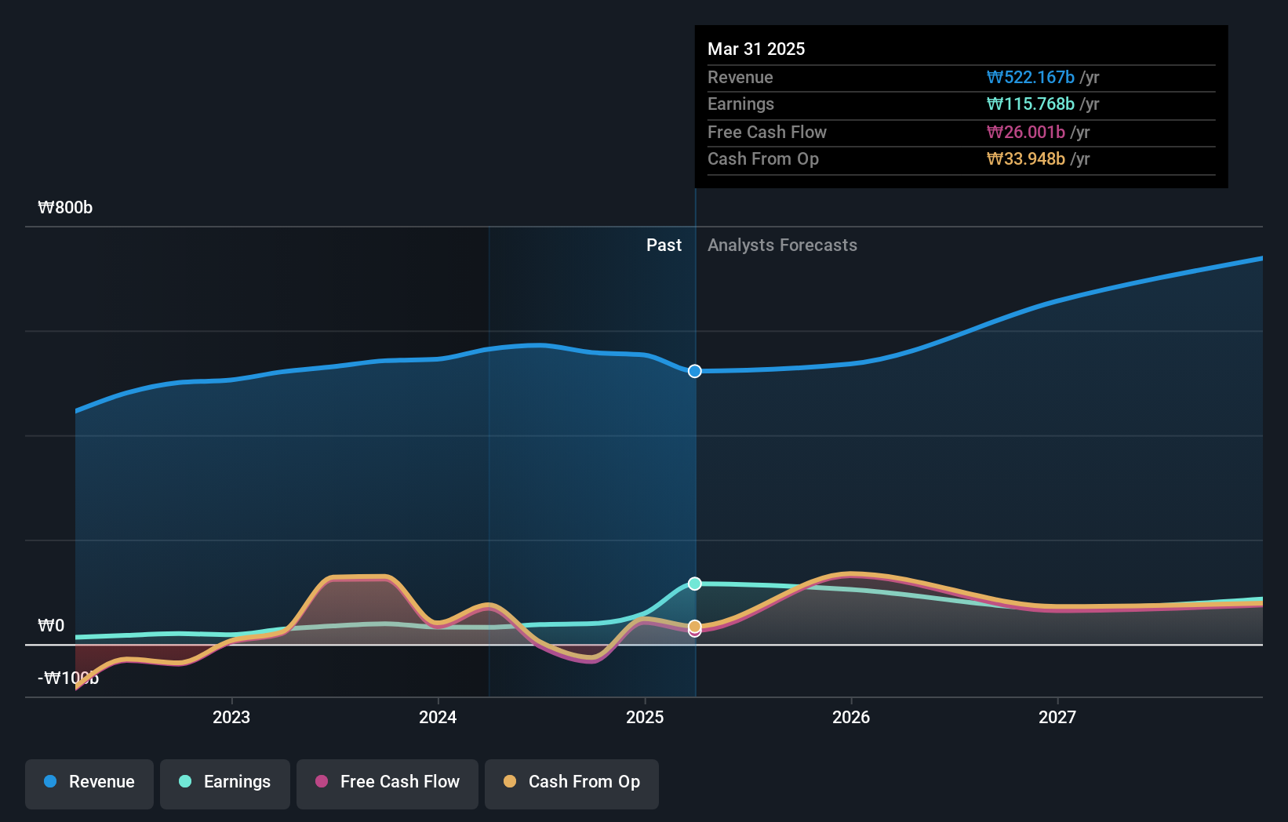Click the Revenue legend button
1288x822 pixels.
[x=89, y=782]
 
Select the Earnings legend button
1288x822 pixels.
[x=225, y=782]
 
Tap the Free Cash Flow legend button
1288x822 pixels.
[x=387, y=782]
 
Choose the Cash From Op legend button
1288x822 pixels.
[x=572, y=782]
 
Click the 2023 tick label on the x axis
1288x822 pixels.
[x=231, y=717]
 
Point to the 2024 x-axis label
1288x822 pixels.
[x=438, y=717]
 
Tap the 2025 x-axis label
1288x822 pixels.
[x=645, y=717]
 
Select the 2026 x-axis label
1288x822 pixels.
[x=851, y=717]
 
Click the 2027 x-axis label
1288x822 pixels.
[x=1057, y=717]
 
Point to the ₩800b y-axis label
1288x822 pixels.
[x=65, y=208]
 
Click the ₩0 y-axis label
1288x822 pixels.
[x=51, y=626]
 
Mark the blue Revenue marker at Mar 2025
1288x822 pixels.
[x=695, y=371]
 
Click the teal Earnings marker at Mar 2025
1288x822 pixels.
[x=695, y=584]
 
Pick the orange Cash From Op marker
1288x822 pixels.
[x=695, y=626]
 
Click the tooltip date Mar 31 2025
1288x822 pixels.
[x=756, y=49]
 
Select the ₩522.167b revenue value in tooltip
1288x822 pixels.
[x=1031, y=78]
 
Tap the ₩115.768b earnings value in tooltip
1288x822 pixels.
[x=1031, y=104]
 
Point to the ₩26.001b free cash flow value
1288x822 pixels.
[x=1026, y=133]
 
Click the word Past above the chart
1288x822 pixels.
[x=664, y=246]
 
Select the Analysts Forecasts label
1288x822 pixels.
[x=782, y=246]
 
